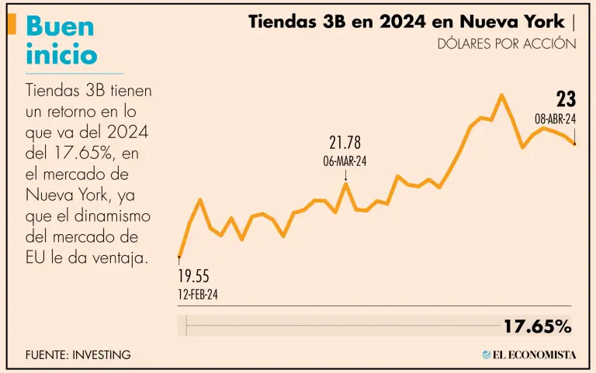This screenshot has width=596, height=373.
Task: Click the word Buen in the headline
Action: click(x=60, y=26)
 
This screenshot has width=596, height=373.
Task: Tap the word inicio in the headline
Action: click(x=61, y=54)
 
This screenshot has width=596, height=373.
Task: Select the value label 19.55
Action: click(x=194, y=277)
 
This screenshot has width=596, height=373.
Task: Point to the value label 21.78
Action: click(x=345, y=143)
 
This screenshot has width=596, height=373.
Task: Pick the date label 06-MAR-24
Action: click(x=345, y=161)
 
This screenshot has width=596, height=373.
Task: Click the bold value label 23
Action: click(x=565, y=99)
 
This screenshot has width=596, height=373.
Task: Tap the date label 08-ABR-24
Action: click(x=555, y=119)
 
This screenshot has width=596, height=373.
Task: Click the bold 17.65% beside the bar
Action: click(x=537, y=326)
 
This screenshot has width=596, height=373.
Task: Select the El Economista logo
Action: click(x=529, y=354)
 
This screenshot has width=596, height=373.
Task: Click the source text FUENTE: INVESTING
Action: click(x=78, y=354)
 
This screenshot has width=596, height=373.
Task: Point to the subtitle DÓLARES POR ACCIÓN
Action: click(x=507, y=43)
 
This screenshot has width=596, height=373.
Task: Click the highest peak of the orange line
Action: click(x=502, y=95)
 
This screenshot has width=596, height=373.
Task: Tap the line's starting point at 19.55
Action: click(x=179, y=256)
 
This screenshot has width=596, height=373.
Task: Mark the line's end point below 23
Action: click(x=575, y=143)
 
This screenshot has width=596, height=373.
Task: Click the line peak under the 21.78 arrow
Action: click(x=345, y=184)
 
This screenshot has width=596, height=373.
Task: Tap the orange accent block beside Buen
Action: click(x=11, y=24)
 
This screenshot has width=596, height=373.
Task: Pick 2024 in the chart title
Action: click(x=402, y=22)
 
